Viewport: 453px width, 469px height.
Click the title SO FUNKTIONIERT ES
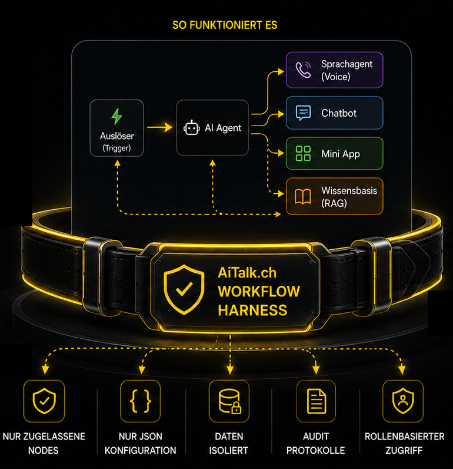pyautogui.click(x=225, y=25)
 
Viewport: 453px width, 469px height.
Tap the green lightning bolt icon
pyautogui.click(x=116, y=116)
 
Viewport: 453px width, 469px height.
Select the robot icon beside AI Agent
pyautogui.click(x=191, y=128)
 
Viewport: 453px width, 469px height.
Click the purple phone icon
pyautogui.click(x=303, y=70)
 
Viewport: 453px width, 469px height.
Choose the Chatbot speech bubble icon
pyautogui.click(x=303, y=113)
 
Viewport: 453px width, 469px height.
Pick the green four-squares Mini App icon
pyautogui.click(x=303, y=153)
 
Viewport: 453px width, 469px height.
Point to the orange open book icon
pyautogui.click(x=303, y=197)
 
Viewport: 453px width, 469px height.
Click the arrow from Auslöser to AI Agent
pyautogui.click(x=160, y=127)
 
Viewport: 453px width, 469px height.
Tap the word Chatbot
pyautogui.click(x=339, y=113)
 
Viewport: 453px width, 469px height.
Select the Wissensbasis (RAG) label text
pyautogui.click(x=349, y=197)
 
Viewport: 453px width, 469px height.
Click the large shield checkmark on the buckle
pyautogui.click(x=184, y=289)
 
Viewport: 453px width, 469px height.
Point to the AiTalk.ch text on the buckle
pyautogui.click(x=247, y=273)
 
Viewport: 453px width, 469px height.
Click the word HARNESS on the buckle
pyautogui.click(x=252, y=310)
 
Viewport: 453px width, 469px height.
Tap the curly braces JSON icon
pyautogui.click(x=141, y=401)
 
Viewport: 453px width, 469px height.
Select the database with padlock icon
pyautogui.click(x=229, y=401)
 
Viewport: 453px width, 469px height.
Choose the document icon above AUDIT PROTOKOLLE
pyautogui.click(x=317, y=401)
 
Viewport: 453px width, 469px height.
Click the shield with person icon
pyautogui.click(x=403, y=401)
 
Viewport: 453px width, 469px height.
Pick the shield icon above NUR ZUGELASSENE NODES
pyautogui.click(x=44, y=401)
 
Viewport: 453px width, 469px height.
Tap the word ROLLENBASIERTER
pyautogui.click(x=405, y=437)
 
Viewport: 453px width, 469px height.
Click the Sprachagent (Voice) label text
pyautogui.click(x=347, y=70)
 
